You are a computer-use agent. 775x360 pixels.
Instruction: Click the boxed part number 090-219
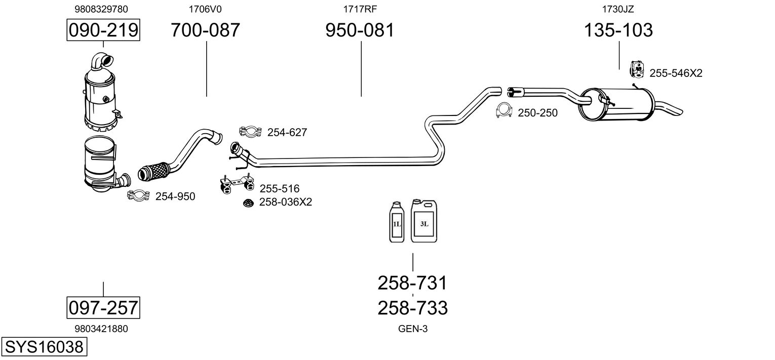(103, 30)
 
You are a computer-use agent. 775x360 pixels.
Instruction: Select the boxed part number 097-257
(103, 307)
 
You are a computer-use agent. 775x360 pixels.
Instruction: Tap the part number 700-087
(205, 30)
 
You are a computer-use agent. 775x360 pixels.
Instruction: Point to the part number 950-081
(360, 30)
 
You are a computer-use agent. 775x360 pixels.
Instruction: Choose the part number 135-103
(618, 30)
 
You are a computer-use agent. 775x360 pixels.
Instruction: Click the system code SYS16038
(44, 346)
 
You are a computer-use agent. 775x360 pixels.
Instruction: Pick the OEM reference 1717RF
(360, 9)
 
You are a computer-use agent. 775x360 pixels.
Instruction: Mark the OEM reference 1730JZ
(618, 9)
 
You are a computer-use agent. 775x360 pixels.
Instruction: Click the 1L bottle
(397, 222)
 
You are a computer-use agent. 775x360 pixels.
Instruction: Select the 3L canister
(424, 221)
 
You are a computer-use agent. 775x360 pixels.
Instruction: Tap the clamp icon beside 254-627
(250, 132)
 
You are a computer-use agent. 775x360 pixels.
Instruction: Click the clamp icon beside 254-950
(138, 196)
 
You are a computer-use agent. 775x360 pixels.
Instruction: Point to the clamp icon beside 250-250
(503, 111)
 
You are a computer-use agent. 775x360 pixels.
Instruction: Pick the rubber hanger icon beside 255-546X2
(637, 69)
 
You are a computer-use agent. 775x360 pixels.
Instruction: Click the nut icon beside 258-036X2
(248, 203)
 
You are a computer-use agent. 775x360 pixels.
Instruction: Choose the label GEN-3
(413, 329)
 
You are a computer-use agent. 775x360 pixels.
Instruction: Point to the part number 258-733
(412, 308)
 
